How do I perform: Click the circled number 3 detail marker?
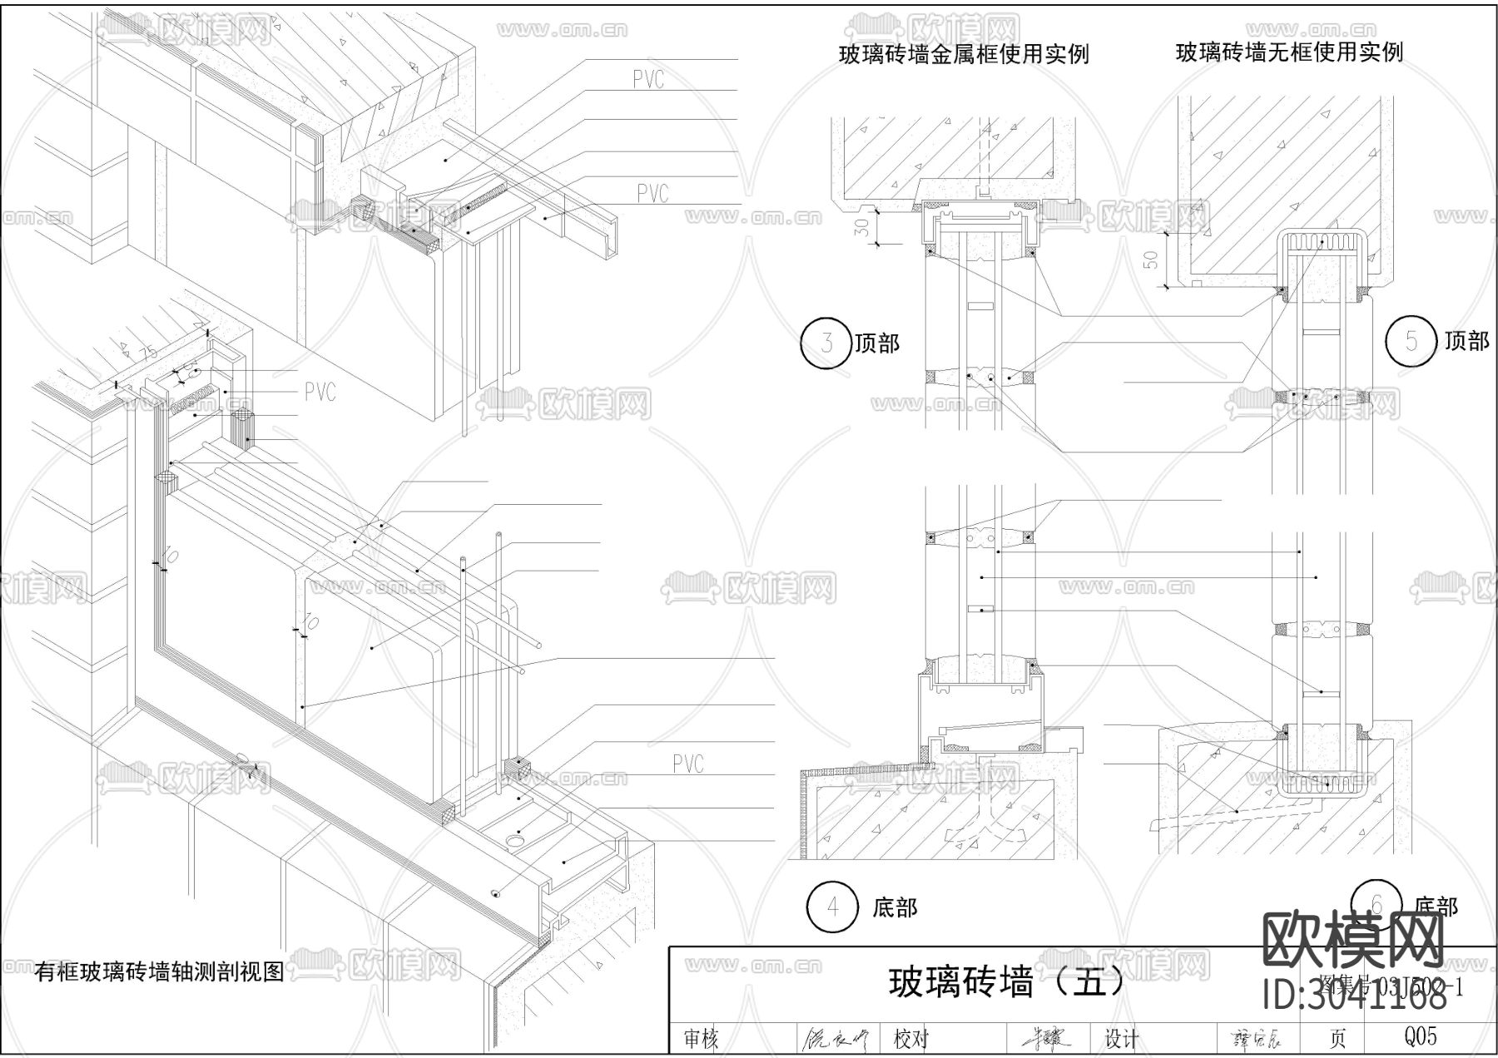(x=826, y=343)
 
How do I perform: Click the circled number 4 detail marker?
(x=833, y=907)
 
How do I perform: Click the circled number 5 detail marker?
(x=1411, y=340)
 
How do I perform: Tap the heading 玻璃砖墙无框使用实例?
(x=1289, y=52)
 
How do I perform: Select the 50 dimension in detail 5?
(x=1152, y=259)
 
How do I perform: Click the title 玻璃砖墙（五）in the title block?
(x=1007, y=982)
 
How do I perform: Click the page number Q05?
(x=1420, y=1036)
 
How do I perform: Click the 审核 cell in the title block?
(x=701, y=1039)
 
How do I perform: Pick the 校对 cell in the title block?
(x=911, y=1039)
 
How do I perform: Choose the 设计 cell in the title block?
(x=1121, y=1039)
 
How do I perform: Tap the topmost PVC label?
(x=648, y=80)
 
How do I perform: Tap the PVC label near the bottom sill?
(x=687, y=764)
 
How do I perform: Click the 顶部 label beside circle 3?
(x=878, y=343)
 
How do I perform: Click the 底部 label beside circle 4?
(x=895, y=907)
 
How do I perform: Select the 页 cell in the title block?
(x=1337, y=1038)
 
